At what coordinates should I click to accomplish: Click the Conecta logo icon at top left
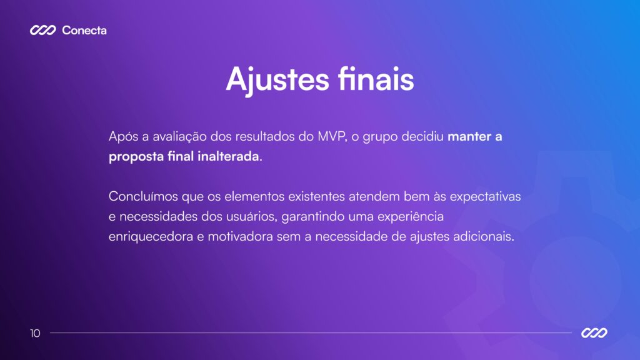43,30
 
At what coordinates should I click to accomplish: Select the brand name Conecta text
84,30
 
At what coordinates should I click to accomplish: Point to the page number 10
35,333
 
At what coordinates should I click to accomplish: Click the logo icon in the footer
594,333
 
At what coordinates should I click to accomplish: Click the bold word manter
470,137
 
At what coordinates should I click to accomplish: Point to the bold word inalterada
227,156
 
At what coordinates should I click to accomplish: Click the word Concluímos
143,196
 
